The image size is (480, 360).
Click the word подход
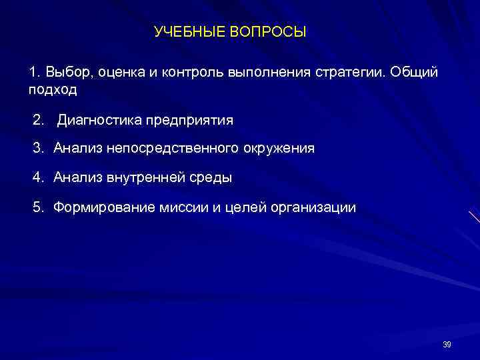point(53,89)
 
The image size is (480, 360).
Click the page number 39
point(447,344)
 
